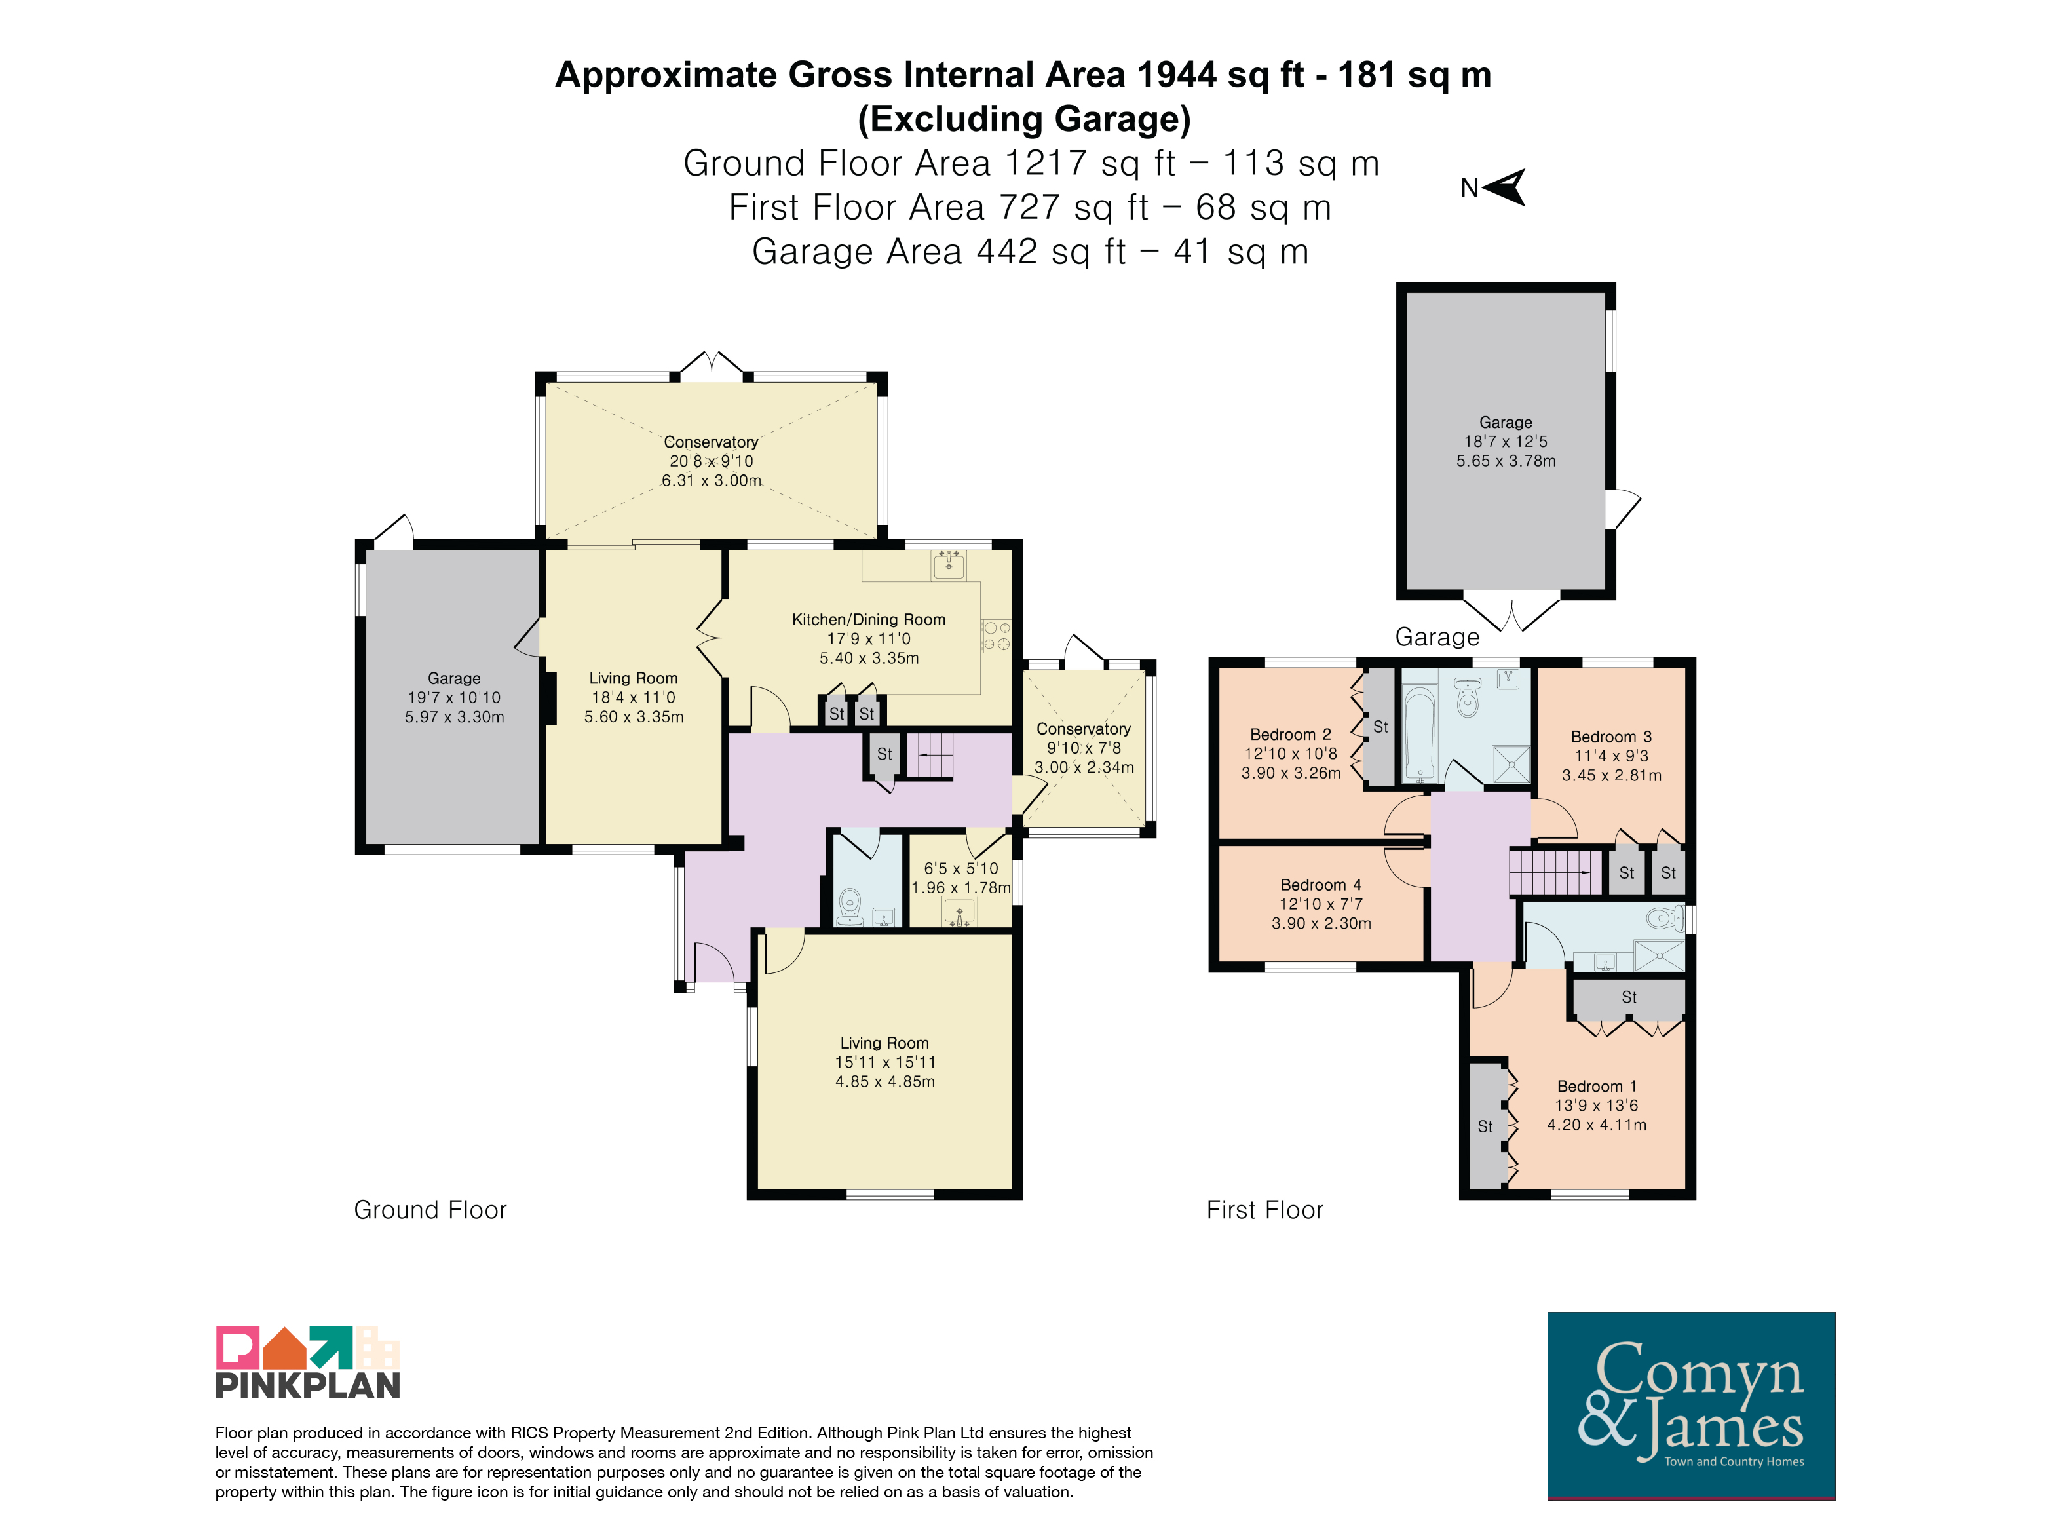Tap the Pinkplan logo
pos(308,1362)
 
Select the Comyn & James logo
pos(1691,1406)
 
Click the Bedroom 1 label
pos(1597,1087)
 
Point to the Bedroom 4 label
pos(1321,885)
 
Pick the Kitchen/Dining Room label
pos(868,620)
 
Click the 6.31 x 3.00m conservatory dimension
pos(712,480)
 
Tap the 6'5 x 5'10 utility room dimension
pos(961,868)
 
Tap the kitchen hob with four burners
pos(997,636)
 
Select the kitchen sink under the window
pos(949,564)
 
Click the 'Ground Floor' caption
pos(430,1210)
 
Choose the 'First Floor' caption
pos(1264,1210)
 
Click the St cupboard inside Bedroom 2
pos(1379,727)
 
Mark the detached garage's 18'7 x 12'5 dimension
pos(1506,442)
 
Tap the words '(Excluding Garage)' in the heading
pos(1024,119)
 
